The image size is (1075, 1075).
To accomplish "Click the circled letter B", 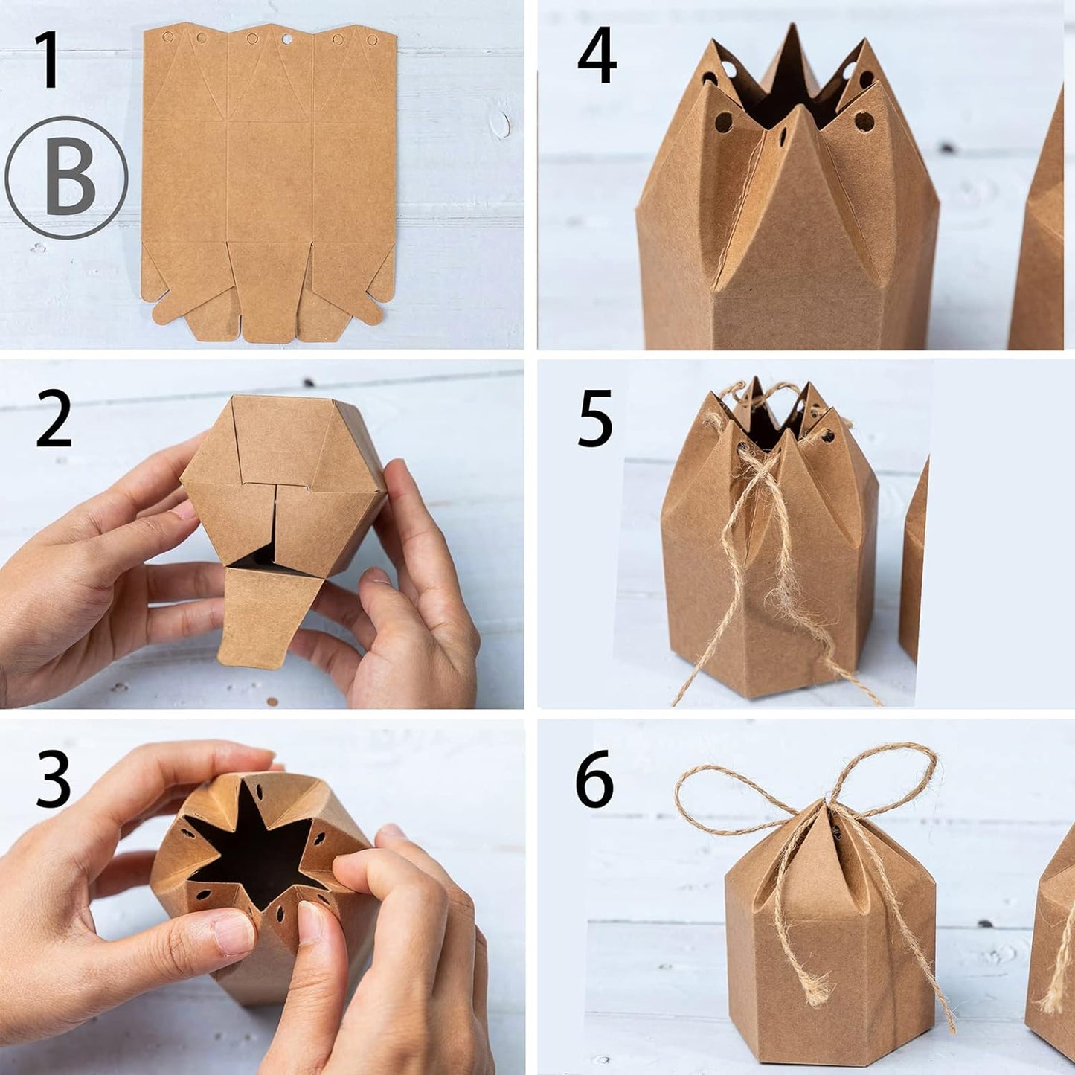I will pyautogui.click(x=67, y=178).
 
